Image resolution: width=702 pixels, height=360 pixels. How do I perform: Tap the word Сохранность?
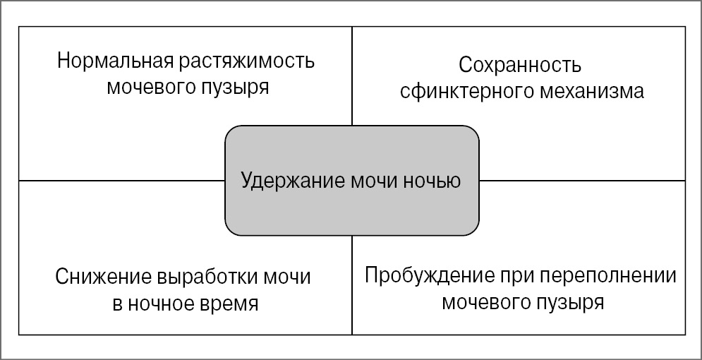click(520, 66)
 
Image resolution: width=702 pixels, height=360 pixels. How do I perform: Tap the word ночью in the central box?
click(434, 181)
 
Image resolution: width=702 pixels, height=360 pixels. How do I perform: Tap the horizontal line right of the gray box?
click(582, 181)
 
